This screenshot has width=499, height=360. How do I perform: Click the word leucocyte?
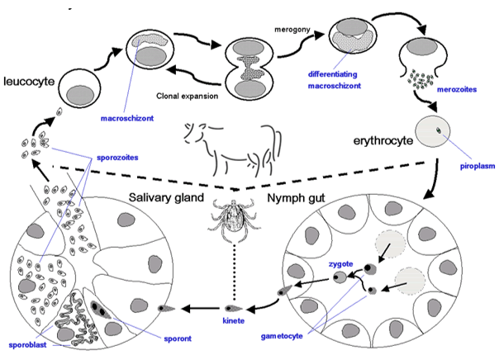[x=30, y=81]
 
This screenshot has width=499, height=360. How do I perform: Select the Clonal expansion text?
[x=185, y=96]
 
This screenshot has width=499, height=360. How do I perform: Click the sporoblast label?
[x=25, y=338]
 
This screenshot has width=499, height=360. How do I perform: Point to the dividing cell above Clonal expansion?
[x=247, y=60]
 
